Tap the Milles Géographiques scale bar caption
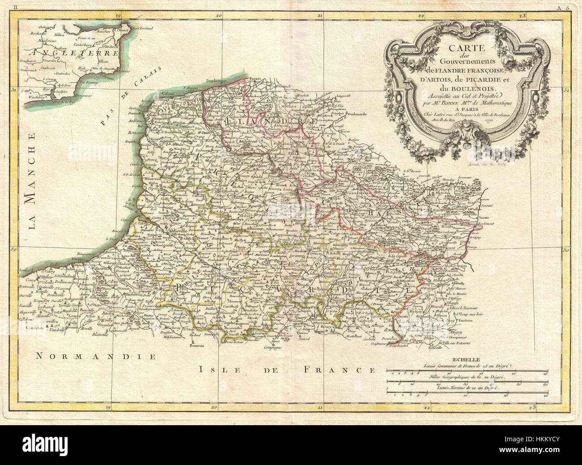(467, 377)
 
